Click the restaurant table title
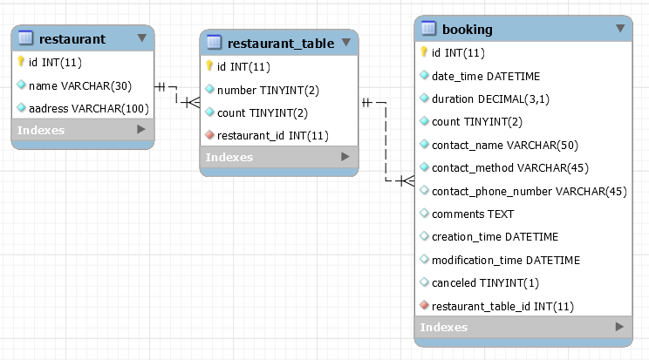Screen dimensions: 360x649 click(x=72, y=38)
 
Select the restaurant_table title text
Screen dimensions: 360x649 click(x=280, y=43)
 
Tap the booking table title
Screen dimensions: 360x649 click(x=468, y=29)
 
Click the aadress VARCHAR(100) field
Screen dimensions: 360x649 click(x=89, y=108)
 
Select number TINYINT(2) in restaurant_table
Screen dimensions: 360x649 click(x=263, y=89)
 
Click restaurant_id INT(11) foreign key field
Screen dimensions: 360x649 click(x=272, y=135)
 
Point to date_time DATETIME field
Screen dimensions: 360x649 click(x=486, y=76)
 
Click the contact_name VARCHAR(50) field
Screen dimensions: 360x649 click(x=505, y=145)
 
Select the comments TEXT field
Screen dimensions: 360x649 click(x=473, y=214)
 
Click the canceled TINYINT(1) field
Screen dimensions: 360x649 click(x=485, y=282)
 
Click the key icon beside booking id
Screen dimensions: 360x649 click(x=424, y=52)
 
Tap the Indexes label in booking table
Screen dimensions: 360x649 click(x=444, y=328)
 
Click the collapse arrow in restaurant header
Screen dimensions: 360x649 click(x=142, y=38)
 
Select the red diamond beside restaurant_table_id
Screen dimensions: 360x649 click(x=424, y=306)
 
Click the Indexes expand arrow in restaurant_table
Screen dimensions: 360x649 click(x=345, y=157)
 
